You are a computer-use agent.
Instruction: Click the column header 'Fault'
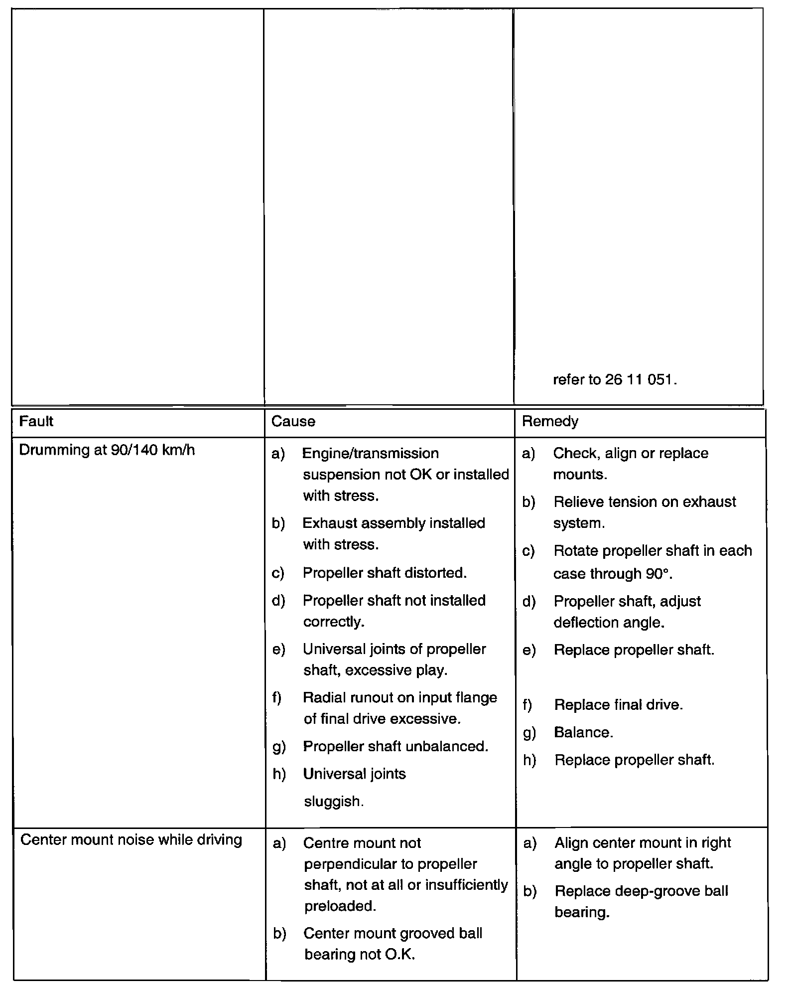[x=36, y=421]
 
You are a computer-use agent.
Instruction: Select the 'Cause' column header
[x=293, y=422]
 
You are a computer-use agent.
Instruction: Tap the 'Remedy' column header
[x=550, y=422]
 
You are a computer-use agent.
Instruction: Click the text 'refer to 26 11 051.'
[x=615, y=380]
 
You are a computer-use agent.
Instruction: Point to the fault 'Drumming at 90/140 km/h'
[x=107, y=450]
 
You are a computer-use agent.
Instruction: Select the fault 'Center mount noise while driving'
[x=131, y=840]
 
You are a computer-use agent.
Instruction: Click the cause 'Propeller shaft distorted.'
[x=385, y=573]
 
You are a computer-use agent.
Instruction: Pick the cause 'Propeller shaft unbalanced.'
[x=395, y=746]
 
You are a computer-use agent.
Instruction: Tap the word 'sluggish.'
[x=334, y=802]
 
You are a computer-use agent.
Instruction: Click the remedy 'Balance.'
[x=583, y=732]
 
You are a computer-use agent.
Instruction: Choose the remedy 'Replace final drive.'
[x=618, y=705]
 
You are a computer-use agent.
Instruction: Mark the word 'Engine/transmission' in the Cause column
[x=371, y=453]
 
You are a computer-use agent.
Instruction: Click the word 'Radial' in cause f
[x=323, y=697]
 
